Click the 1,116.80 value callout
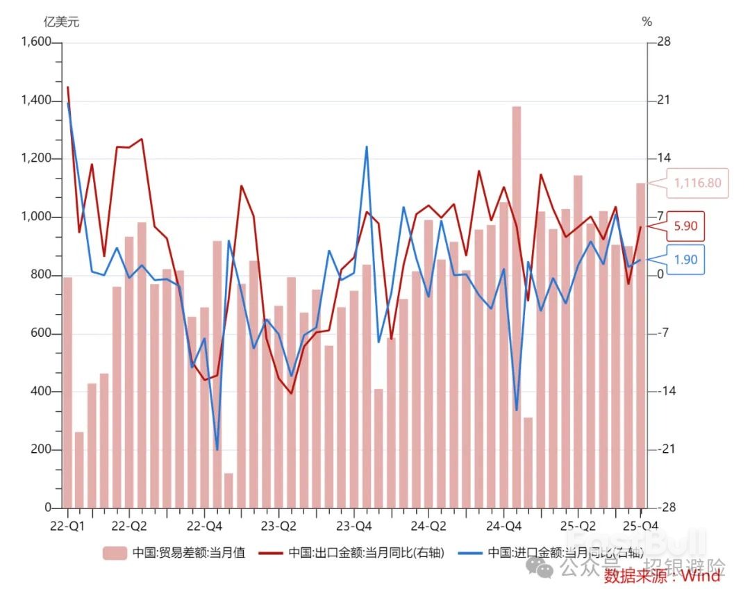[697, 183]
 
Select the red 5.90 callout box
[684, 226]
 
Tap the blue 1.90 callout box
[684, 260]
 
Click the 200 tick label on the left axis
[42, 450]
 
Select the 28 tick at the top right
[663, 42]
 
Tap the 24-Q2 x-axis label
[428, 526]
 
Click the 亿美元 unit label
[61, 22]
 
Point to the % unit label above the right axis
[647, 22]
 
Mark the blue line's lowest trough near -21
[217, 449]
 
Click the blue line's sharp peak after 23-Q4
[367, 147]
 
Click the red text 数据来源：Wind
[662, 576]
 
